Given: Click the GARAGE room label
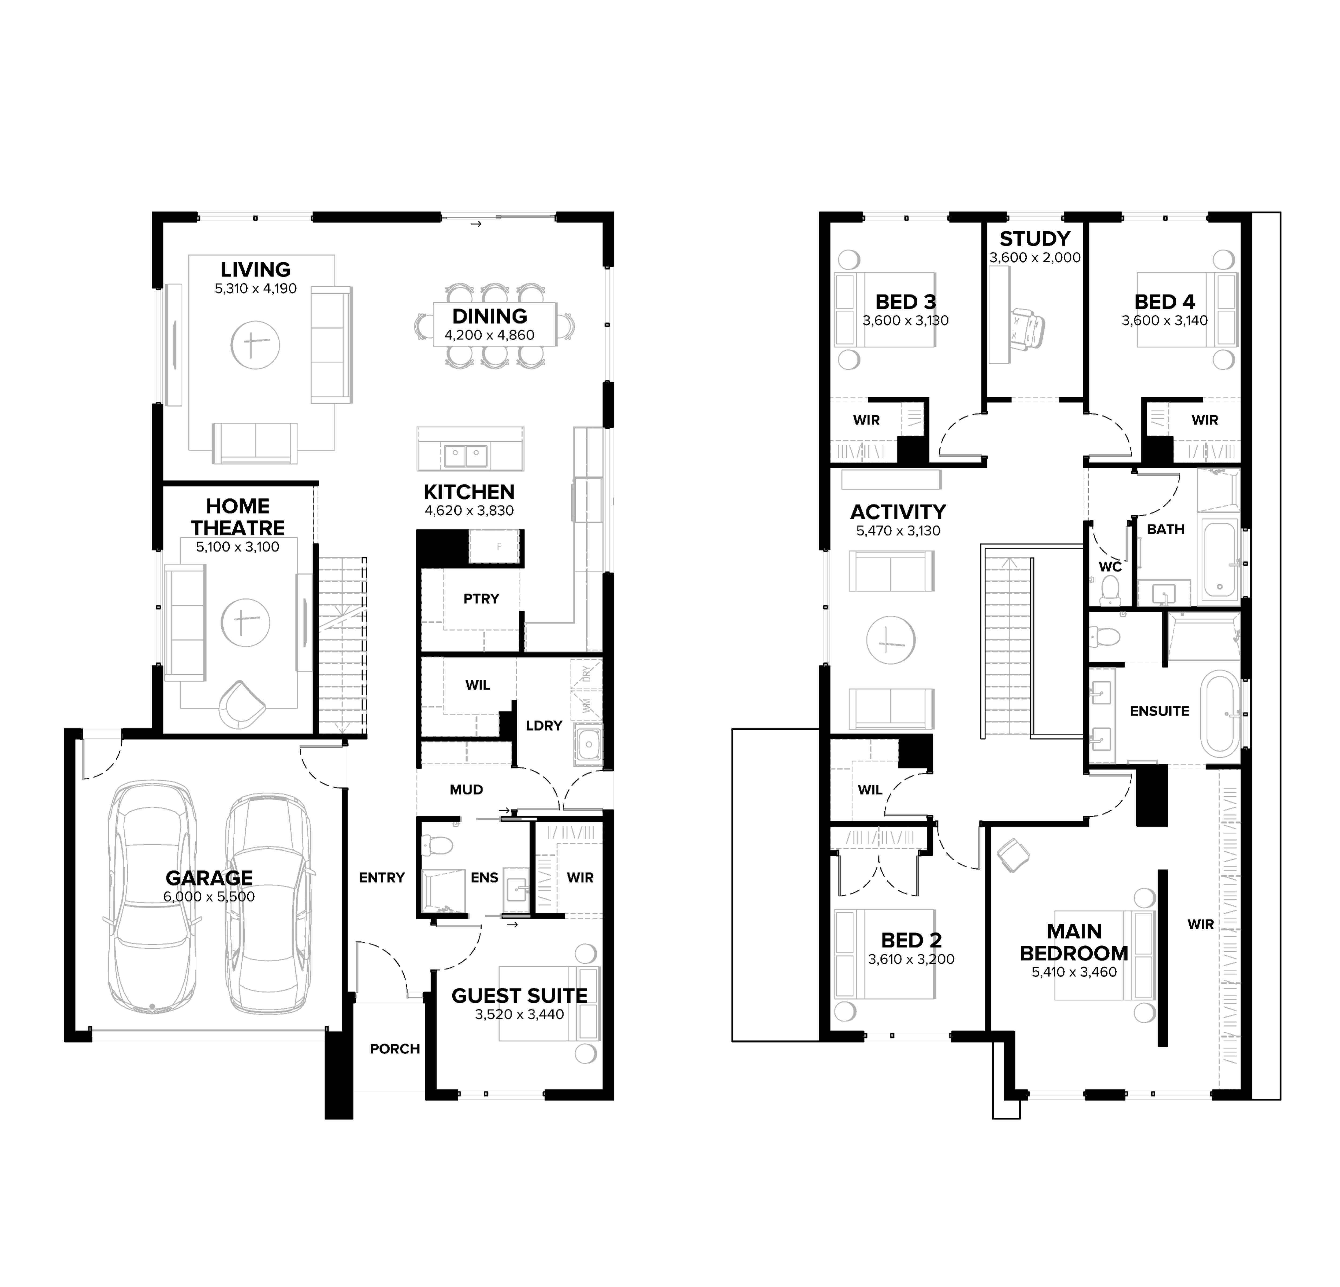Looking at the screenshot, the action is (209, 878).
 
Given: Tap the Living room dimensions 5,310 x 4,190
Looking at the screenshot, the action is (256, 289).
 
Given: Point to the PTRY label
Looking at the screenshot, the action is (481, 599).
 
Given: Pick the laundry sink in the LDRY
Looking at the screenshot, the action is (588, 744).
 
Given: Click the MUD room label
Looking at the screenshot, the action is (466, 790).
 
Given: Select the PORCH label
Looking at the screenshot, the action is (395, 1049).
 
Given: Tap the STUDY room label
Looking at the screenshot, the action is (1035, 239).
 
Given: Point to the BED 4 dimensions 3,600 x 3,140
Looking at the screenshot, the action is (1165, 321).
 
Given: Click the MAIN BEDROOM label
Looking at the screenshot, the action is (1074, 942).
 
